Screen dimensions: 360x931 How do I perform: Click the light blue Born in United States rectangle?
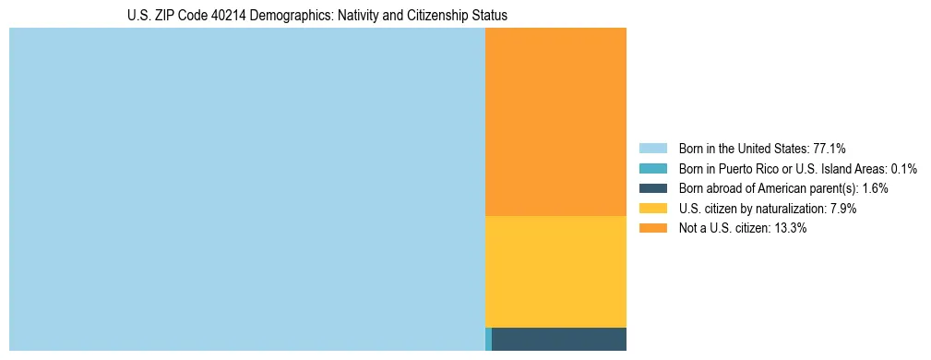tap(246, 189)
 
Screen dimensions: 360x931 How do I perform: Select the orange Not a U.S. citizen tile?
tap(555, 121)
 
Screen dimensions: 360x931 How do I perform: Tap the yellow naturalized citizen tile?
tap(555, 271)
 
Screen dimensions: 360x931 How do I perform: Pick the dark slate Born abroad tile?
tap(559, 339)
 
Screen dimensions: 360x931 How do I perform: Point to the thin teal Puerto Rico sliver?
tap(488, 339)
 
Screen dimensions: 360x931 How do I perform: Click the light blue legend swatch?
tap(652, 149)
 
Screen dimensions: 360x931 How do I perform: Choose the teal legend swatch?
tap(652, 169)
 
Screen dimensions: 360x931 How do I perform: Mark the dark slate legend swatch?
tap(652, 188)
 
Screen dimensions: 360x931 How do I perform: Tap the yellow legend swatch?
tap(652, 209)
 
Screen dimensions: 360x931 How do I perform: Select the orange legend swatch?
tap(652, 229)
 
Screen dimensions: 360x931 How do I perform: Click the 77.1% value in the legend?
tap(830, 149)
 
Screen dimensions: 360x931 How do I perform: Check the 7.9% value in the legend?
tap(841, 209)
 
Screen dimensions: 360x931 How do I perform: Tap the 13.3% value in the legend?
tap(790, 229)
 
